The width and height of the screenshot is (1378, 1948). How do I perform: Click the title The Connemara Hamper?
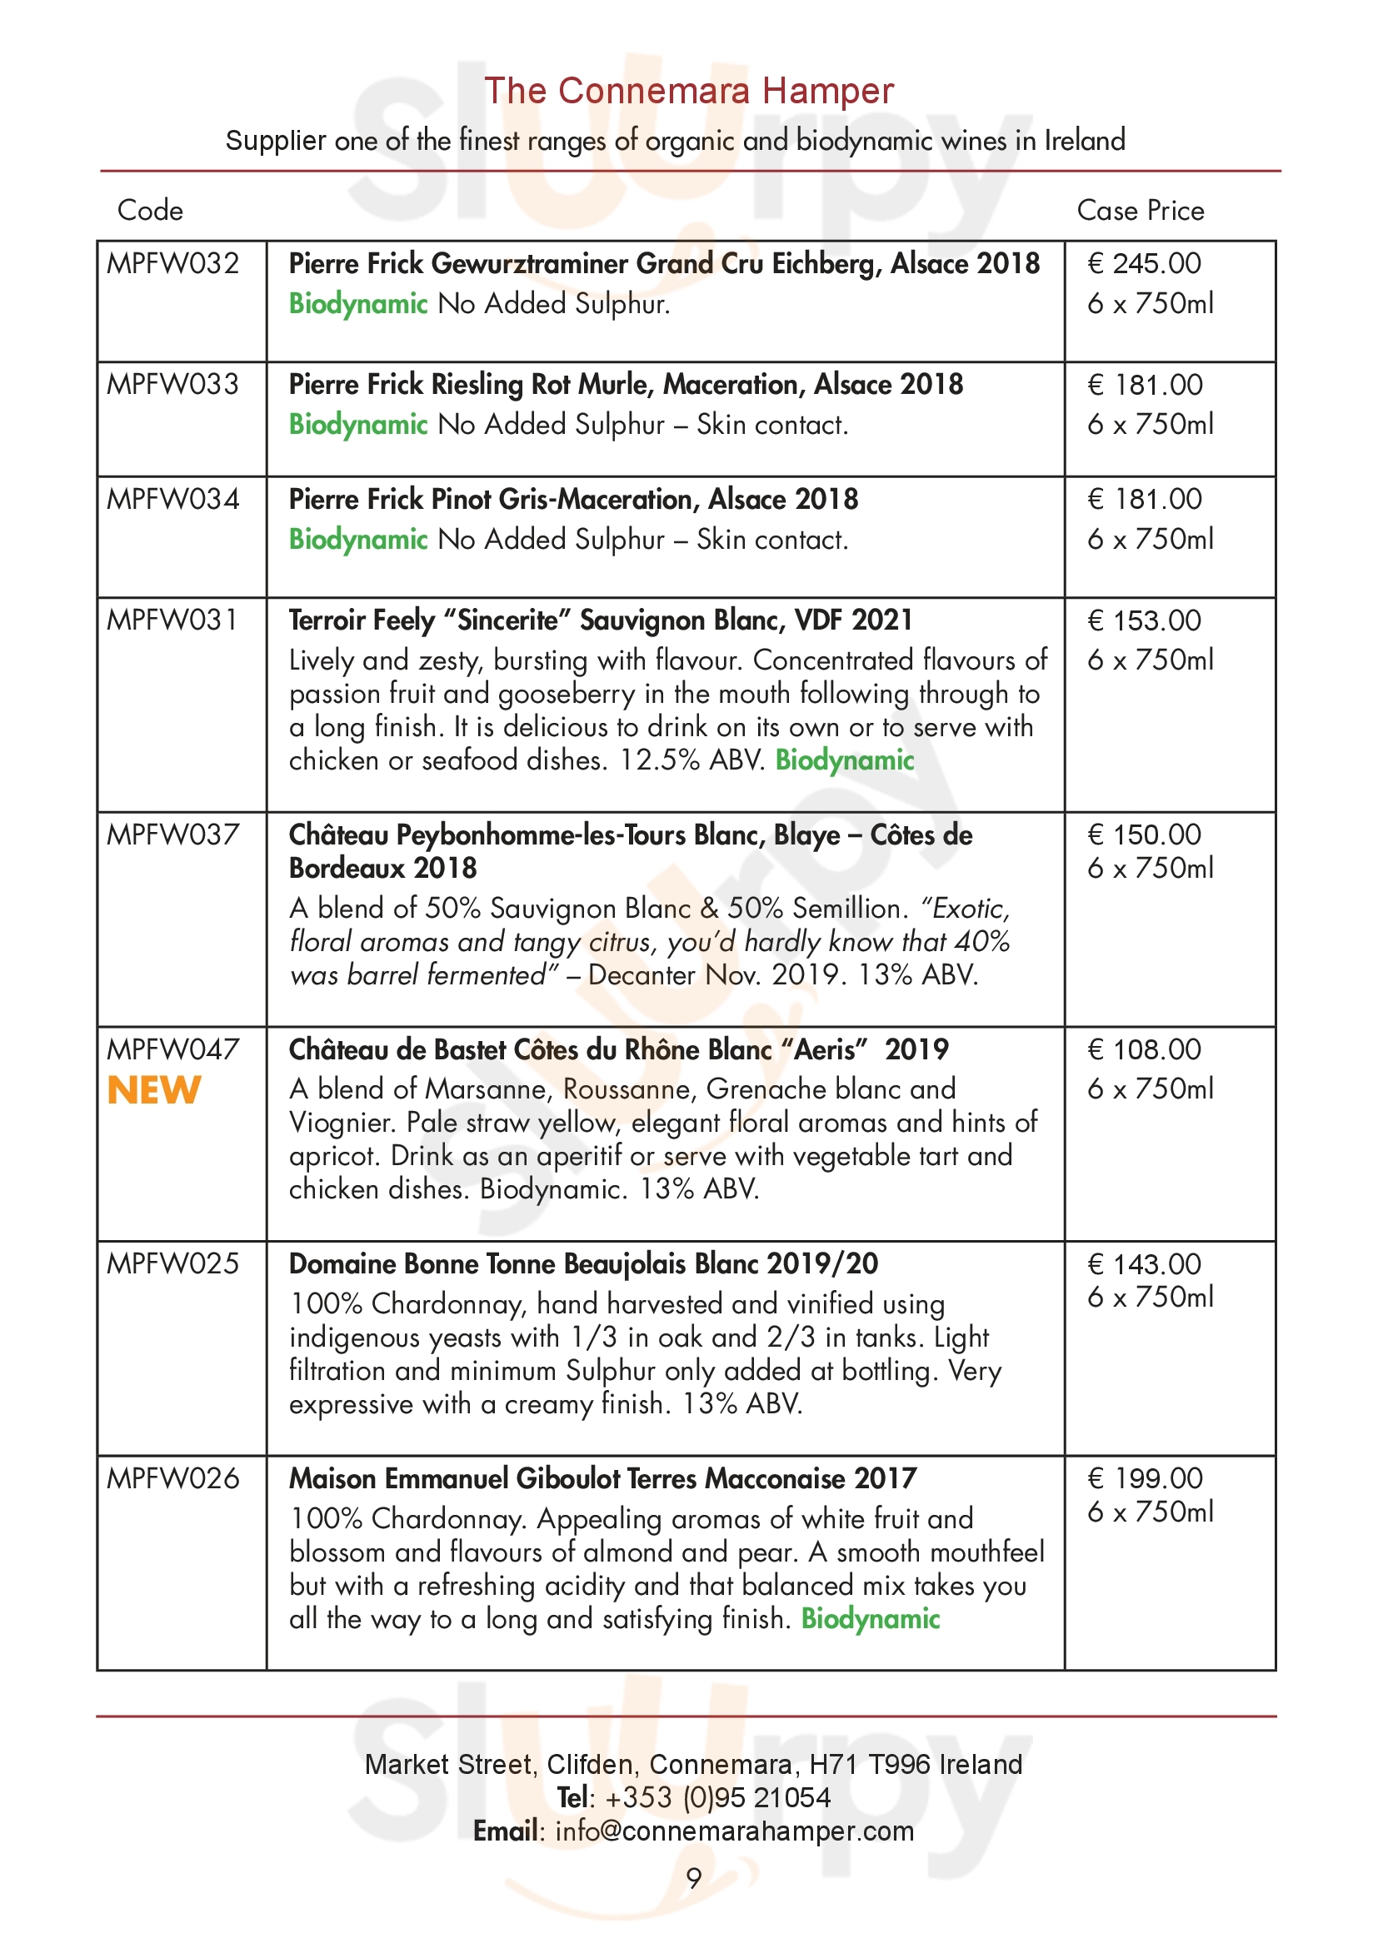(x=688, y=91)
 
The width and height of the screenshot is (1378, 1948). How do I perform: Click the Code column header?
(x=149, y=211)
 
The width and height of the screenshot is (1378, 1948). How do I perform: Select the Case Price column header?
(x=1140, y=211)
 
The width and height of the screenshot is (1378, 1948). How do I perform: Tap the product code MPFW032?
(x=173, y=264)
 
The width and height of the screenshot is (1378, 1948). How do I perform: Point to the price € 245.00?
(x=1144, y=264)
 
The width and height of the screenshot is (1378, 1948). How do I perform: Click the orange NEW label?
(x=153, y=1090)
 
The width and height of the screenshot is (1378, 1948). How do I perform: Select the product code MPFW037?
(x=173, y=835)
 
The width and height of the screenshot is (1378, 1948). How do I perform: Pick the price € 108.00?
(x=1144, y=1049)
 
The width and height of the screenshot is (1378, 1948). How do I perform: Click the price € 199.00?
(x=1145, y=1479)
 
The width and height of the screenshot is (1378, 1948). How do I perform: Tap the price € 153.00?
(x=1144, y=621)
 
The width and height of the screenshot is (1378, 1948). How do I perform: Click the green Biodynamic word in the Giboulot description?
(x=871, y=1619)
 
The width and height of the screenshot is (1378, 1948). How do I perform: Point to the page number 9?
(x=694, y=1878)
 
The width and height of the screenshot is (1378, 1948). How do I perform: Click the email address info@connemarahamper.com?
(x=734, y=1831)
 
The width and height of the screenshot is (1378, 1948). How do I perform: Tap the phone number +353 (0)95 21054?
(x=718, y=1797)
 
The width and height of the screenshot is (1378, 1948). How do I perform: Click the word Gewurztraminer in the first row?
(x=533, y=264)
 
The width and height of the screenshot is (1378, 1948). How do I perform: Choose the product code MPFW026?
(x=173, y=1479)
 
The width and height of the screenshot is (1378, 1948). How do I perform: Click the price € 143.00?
(x=1144, y=1264)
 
